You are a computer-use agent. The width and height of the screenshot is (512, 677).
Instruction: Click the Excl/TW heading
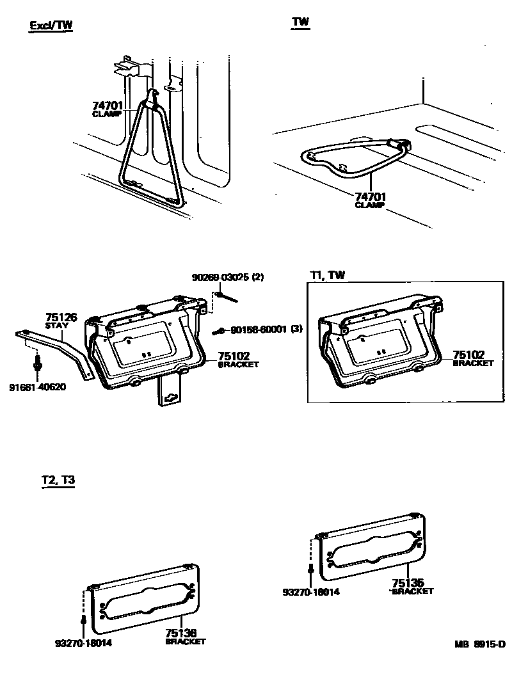pyautogui.click(x=52, y=26)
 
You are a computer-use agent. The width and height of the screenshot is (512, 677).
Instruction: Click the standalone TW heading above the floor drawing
pyautogui.click(x=300, y=22)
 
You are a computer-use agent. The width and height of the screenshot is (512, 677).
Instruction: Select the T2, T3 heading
pyautogui.click(x=54, y=481)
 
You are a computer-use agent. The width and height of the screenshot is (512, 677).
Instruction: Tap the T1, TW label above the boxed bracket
pyautogui.click(x=327, y=275)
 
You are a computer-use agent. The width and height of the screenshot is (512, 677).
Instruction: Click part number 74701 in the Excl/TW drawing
pyautogui.click(x=108, y=106)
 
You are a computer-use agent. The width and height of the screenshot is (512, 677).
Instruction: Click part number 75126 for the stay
pyautogui.click(x=61, y=317)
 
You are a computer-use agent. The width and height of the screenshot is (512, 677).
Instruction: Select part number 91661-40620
pyautogui.click(x=38, y=387)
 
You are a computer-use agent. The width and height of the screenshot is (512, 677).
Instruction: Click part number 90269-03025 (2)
pyautogui.click(x=228, y=278)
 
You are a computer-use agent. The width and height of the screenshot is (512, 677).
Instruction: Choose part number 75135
pyautogui.click(x=408, y=583)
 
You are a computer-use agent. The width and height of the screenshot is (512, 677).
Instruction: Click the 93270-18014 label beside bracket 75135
pyautogui.click(x=311, y=592)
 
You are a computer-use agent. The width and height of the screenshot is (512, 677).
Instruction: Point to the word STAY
pyautogui.click(x=56, y=326)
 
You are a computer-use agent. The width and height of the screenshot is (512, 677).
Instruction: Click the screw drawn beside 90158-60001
pyautogui.click(x=220, y=331)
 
